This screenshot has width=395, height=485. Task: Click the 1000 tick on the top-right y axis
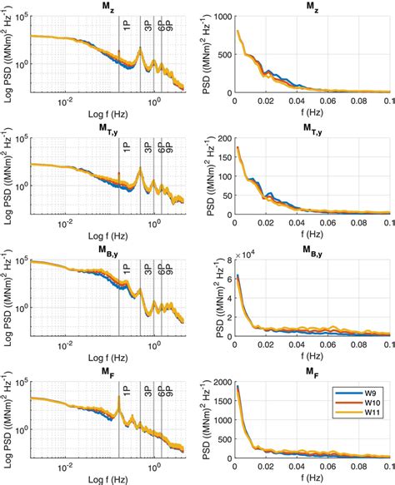point(218,16)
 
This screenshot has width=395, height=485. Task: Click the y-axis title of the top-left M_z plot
point(8,54)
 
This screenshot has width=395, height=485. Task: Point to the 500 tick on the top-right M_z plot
point(221,53)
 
